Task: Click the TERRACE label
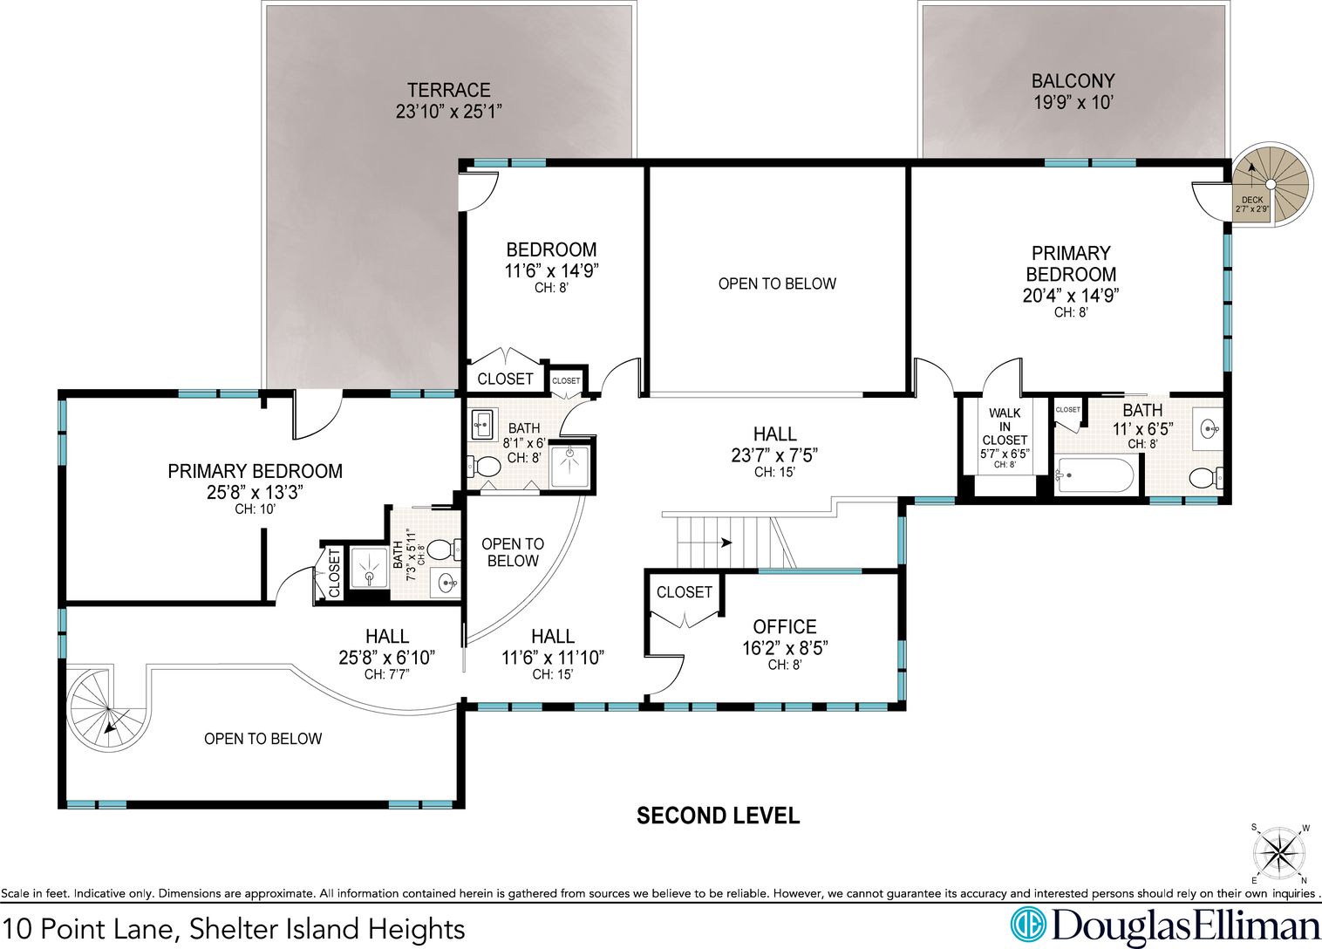[448, 90]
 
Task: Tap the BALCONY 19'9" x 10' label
[1073, 91]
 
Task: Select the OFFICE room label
[784, 626]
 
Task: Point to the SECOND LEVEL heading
[719, 816]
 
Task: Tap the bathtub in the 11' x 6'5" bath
[1094, 475]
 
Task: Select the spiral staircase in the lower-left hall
[109, 708]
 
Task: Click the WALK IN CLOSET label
[1005, 427]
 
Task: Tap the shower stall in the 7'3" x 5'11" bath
[369, 567]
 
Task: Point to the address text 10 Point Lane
[90, 928]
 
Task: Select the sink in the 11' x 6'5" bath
[1208, 427]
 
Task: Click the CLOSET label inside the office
[684, 592]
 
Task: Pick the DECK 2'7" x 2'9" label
[1252, 204]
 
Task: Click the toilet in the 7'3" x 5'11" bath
[443, 550]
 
